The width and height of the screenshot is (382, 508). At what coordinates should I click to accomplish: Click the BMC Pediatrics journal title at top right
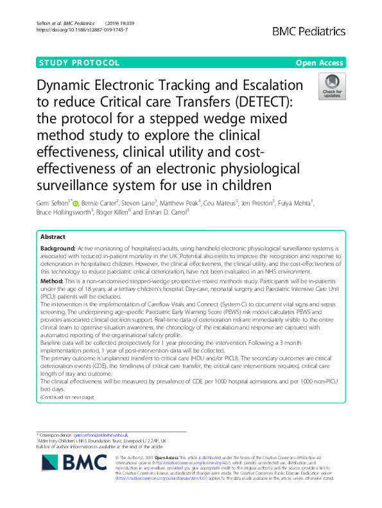(309, 31)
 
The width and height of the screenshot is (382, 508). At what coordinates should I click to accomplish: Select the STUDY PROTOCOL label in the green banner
(79, 63)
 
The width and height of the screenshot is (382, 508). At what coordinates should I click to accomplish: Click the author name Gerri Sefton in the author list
(55, 204)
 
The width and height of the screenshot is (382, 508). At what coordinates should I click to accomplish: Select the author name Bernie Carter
(100, 204)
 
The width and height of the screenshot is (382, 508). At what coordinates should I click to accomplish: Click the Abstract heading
(53, 236)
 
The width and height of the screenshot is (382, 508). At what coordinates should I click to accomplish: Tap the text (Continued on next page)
(67, 397)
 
